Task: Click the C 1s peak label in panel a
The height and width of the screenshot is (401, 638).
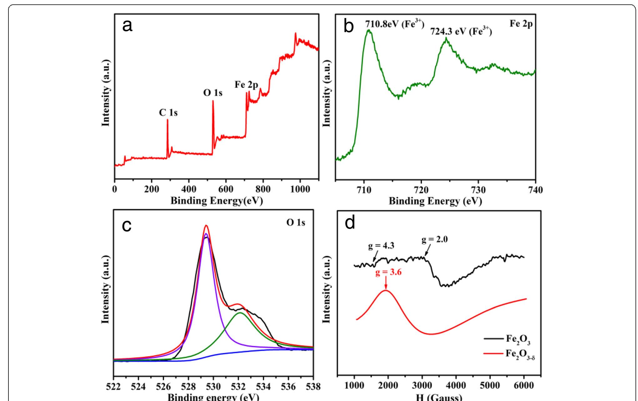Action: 168,113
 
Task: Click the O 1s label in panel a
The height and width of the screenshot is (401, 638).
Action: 213,93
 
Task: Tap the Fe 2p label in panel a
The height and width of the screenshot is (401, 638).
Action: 246,85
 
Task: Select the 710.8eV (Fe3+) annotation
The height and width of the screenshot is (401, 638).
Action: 394,24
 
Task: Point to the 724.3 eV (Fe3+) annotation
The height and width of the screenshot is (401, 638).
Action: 461,32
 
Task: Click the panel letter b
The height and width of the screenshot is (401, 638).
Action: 349,27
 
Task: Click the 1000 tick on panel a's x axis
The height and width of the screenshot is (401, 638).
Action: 300,189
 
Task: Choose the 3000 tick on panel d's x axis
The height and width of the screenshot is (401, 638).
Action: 422,385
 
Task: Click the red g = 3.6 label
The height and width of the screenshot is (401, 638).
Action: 389,272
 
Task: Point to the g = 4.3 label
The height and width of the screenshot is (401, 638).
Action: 381,246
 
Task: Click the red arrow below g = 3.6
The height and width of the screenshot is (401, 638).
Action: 386,283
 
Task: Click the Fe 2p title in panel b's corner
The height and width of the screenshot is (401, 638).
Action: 521,24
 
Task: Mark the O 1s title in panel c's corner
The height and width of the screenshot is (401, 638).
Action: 296,223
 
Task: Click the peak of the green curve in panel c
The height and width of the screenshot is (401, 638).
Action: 240,313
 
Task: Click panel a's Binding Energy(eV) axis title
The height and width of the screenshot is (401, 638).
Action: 216,200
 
